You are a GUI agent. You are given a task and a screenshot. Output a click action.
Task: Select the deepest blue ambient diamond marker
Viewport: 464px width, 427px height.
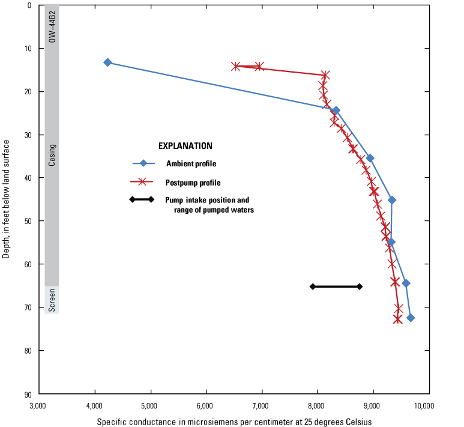pyautogui.click(x=411, y=318)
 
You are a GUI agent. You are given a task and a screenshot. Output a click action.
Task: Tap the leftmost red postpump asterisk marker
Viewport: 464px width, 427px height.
pyautogui.click(x=236, y=66)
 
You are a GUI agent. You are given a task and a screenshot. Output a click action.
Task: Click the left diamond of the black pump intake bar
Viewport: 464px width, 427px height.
pyautogui.click(x=312, y=286)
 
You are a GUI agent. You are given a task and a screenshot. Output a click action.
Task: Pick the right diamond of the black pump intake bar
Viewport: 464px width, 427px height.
pyautogui.click(x=360, y=286)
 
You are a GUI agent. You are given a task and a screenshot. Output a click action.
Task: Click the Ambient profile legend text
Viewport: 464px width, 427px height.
pyautogui.click(x=191, y=163)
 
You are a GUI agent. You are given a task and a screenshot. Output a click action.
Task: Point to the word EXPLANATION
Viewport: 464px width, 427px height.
pyautogui.click(x=185, y=146)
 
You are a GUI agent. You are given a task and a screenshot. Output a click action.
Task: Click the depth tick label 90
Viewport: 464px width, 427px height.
pyautogui.click(x=28, y=395)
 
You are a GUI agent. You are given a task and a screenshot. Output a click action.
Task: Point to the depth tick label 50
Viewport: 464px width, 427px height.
pyautogui.click(x=28, y=221)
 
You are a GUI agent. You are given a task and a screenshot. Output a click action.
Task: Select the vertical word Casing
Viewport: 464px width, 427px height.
pyautogui.click(x=53, y=154)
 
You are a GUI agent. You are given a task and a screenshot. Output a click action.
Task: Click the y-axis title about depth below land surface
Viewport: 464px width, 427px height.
pyautogui.click(x=7, y=199)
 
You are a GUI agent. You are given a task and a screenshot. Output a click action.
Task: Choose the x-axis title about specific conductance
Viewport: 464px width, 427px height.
pyautogui.click(x=234, y=422)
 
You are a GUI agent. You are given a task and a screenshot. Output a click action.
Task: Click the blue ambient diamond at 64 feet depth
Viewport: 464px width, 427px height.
pyautogui.click(x=406, y=283)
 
